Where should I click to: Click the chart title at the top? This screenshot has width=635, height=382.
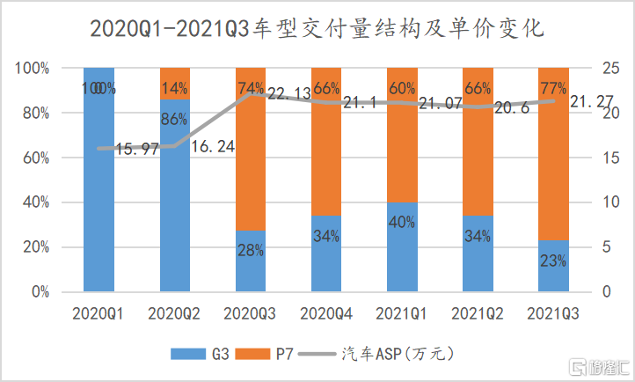317,30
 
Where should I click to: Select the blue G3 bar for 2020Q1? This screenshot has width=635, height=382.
99,211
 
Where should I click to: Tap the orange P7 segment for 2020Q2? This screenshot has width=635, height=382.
174,84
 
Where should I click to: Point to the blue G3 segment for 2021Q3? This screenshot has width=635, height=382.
553,268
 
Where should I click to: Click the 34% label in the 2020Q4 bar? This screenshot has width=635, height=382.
326,237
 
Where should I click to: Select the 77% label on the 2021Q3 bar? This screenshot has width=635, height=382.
553,88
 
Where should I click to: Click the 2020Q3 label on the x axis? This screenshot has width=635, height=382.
251,313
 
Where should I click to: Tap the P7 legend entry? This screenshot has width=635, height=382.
273,355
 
